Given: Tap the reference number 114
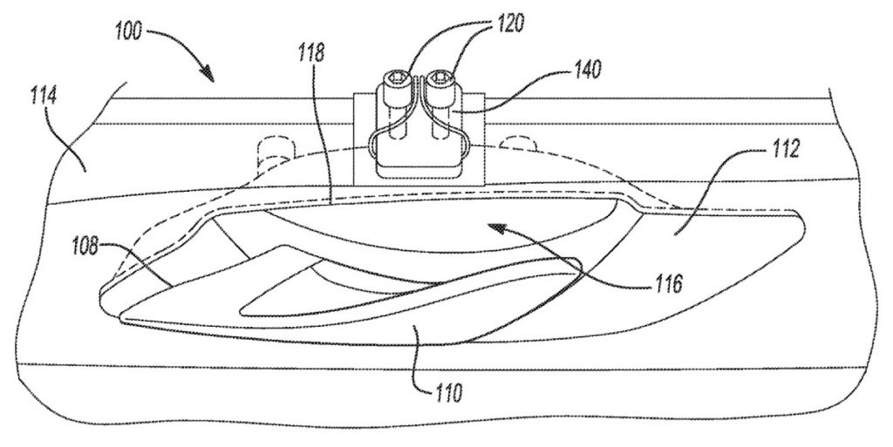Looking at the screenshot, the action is [x=44, y=97].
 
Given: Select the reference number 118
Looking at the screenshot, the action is [x=311, y=53].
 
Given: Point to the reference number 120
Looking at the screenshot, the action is [x=509, y=24].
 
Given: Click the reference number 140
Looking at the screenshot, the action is [x=587, y=70].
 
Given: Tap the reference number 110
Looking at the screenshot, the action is [x=448, y=392].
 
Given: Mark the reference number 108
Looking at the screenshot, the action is [x=86, y=247].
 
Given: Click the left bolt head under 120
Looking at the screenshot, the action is [x=395, y=78].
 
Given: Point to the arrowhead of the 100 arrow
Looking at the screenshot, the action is [x=208, y=73].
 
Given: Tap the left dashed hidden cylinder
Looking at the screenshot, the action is [x=275, y=150].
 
